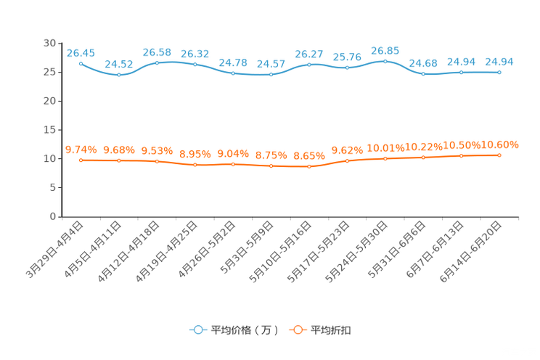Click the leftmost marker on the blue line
tap(81, 63)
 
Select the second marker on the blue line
tap(119, 75)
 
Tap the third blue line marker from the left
tap(157, 63)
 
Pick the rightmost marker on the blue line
tap(499, 73)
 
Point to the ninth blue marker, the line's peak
tap(385, 61)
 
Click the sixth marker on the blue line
tap(271, 75)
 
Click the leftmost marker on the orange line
tap(81, 160)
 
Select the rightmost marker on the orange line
tap(499, 155)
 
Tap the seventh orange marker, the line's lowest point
tap(309, 166)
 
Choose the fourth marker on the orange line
tap(195, 165)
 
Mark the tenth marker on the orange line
tap(423, 157)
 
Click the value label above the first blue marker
tap(81, 52)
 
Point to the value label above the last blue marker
tap(499, 62)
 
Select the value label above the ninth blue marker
tap(385, 50)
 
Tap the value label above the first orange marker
tap(81, 150)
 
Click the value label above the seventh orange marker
tap(309, 155)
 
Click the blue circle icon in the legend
tap(197, 330)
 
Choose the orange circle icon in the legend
tap(296, 330)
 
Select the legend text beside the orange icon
tap(332, 330)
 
